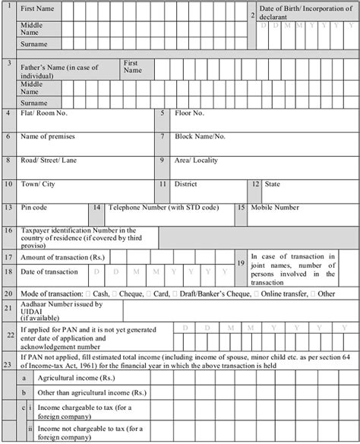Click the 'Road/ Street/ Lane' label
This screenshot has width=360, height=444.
click(52, 160)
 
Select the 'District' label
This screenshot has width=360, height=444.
click(186, 184)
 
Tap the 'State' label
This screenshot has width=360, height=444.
click(272, 184)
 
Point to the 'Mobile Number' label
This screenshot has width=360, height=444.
click(276, 207)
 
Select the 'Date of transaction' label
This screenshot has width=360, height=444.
click(49, 271)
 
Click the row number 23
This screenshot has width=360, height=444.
click(8, 364)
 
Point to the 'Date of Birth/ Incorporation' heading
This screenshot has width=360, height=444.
click(304, 11)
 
